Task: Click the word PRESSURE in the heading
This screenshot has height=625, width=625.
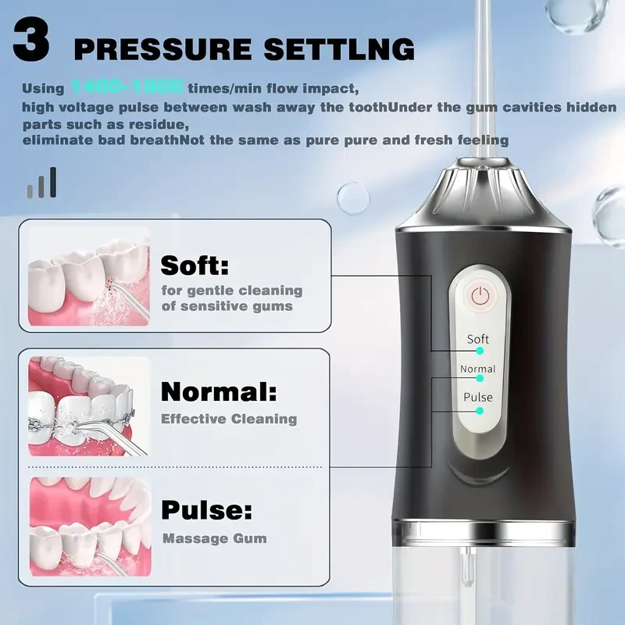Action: click(x=160, y=49)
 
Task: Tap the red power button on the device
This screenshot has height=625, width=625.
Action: click(x=480, y=296)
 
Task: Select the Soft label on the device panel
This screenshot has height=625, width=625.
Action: click(x=477, y=339)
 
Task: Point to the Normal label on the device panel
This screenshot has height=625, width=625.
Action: click(x=477, y=369)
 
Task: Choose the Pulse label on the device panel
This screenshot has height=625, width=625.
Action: click(x=477, y=397)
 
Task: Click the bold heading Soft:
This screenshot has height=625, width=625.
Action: click(x=195, y=266)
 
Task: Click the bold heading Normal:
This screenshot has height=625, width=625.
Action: click(x=218, y=390)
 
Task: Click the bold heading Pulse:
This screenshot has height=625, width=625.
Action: click(x=207, y=511)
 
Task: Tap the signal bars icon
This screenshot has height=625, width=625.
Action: click(x=42, y=183)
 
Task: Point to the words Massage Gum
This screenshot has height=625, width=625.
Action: click(x=214, y=538)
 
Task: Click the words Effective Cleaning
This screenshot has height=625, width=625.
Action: click(x=229, y=419)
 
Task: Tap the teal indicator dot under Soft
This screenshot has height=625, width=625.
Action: click(x=480, y=352)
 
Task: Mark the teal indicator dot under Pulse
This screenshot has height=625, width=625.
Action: click(x=480, y=410)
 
